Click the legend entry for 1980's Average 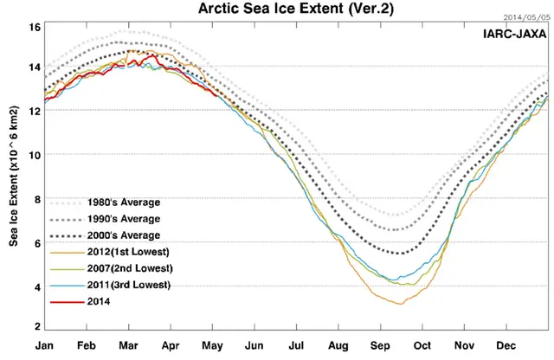click(120, 202)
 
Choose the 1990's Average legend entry click(120, 219)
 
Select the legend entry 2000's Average click(120, 235)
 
